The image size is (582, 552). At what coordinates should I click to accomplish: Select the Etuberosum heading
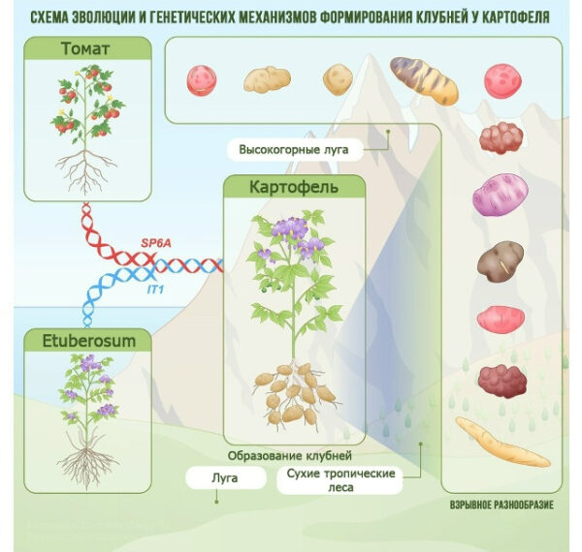click(x=87, y=340)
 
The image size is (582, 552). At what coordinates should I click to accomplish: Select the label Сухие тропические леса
click(x=339, y=480)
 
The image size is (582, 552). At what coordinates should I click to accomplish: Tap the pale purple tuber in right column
click(x=499, y=199)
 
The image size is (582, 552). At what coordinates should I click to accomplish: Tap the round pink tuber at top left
click(x=200, y=78)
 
